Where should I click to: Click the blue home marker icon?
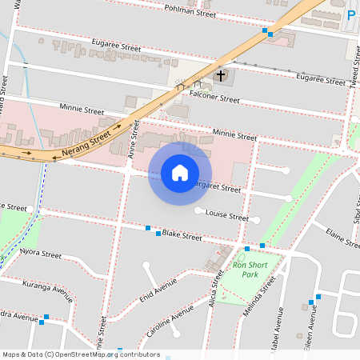pos(180,173)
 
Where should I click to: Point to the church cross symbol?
pos(220,75)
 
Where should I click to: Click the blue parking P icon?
pos(352,15)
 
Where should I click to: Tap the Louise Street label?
pos(227,215)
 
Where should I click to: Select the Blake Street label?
pos(182,235)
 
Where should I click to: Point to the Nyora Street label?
pos(41,254)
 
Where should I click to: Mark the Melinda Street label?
pos(259,297)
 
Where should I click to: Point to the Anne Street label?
pos(126,146)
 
